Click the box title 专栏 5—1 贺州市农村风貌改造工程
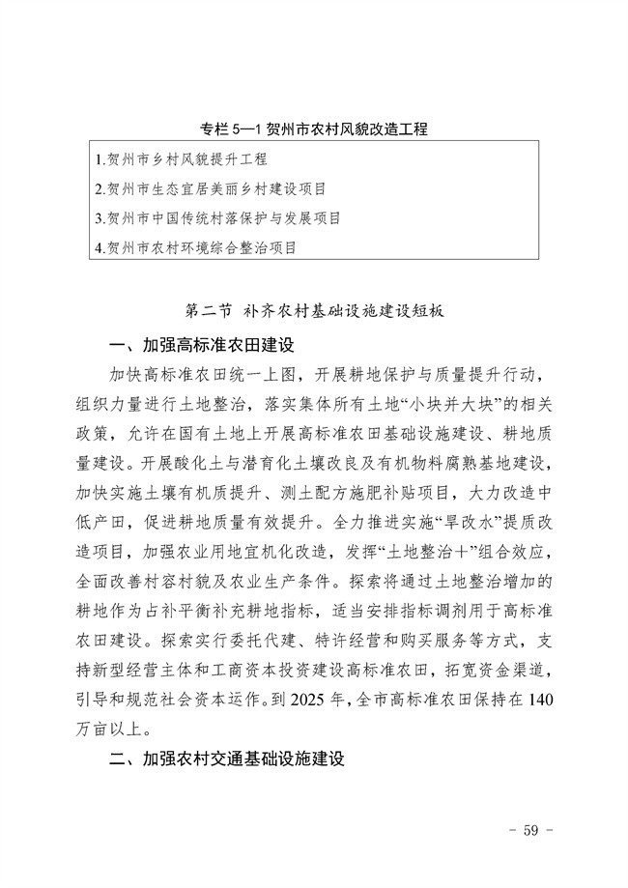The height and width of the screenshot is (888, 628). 314,129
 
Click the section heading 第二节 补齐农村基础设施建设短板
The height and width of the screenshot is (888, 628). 313,312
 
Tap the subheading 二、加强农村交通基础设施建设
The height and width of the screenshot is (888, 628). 227,759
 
